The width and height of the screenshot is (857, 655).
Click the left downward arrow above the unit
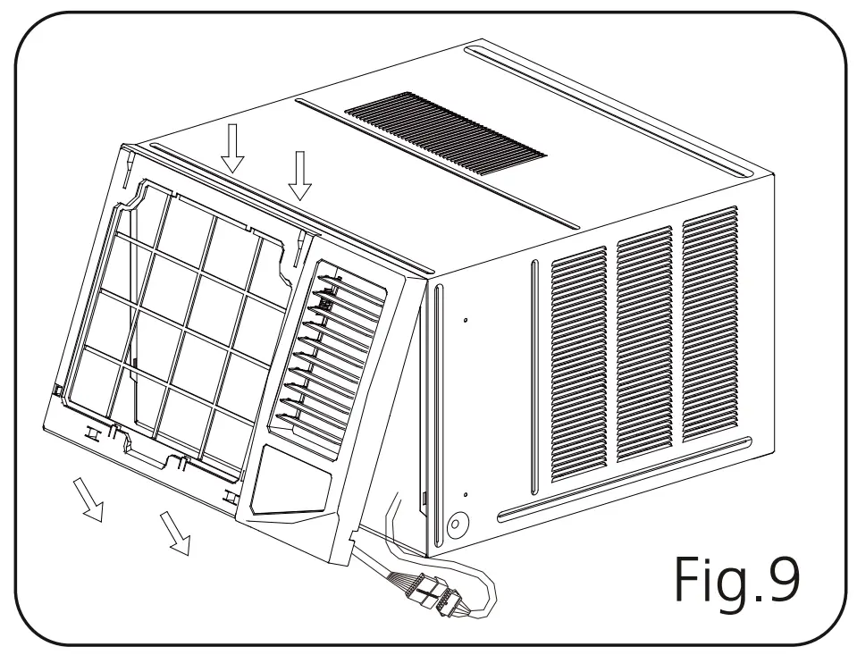tap(233, 147)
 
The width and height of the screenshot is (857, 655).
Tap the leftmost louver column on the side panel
tap(579, 362)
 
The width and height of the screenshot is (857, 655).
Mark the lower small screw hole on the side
tap(466, 493)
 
